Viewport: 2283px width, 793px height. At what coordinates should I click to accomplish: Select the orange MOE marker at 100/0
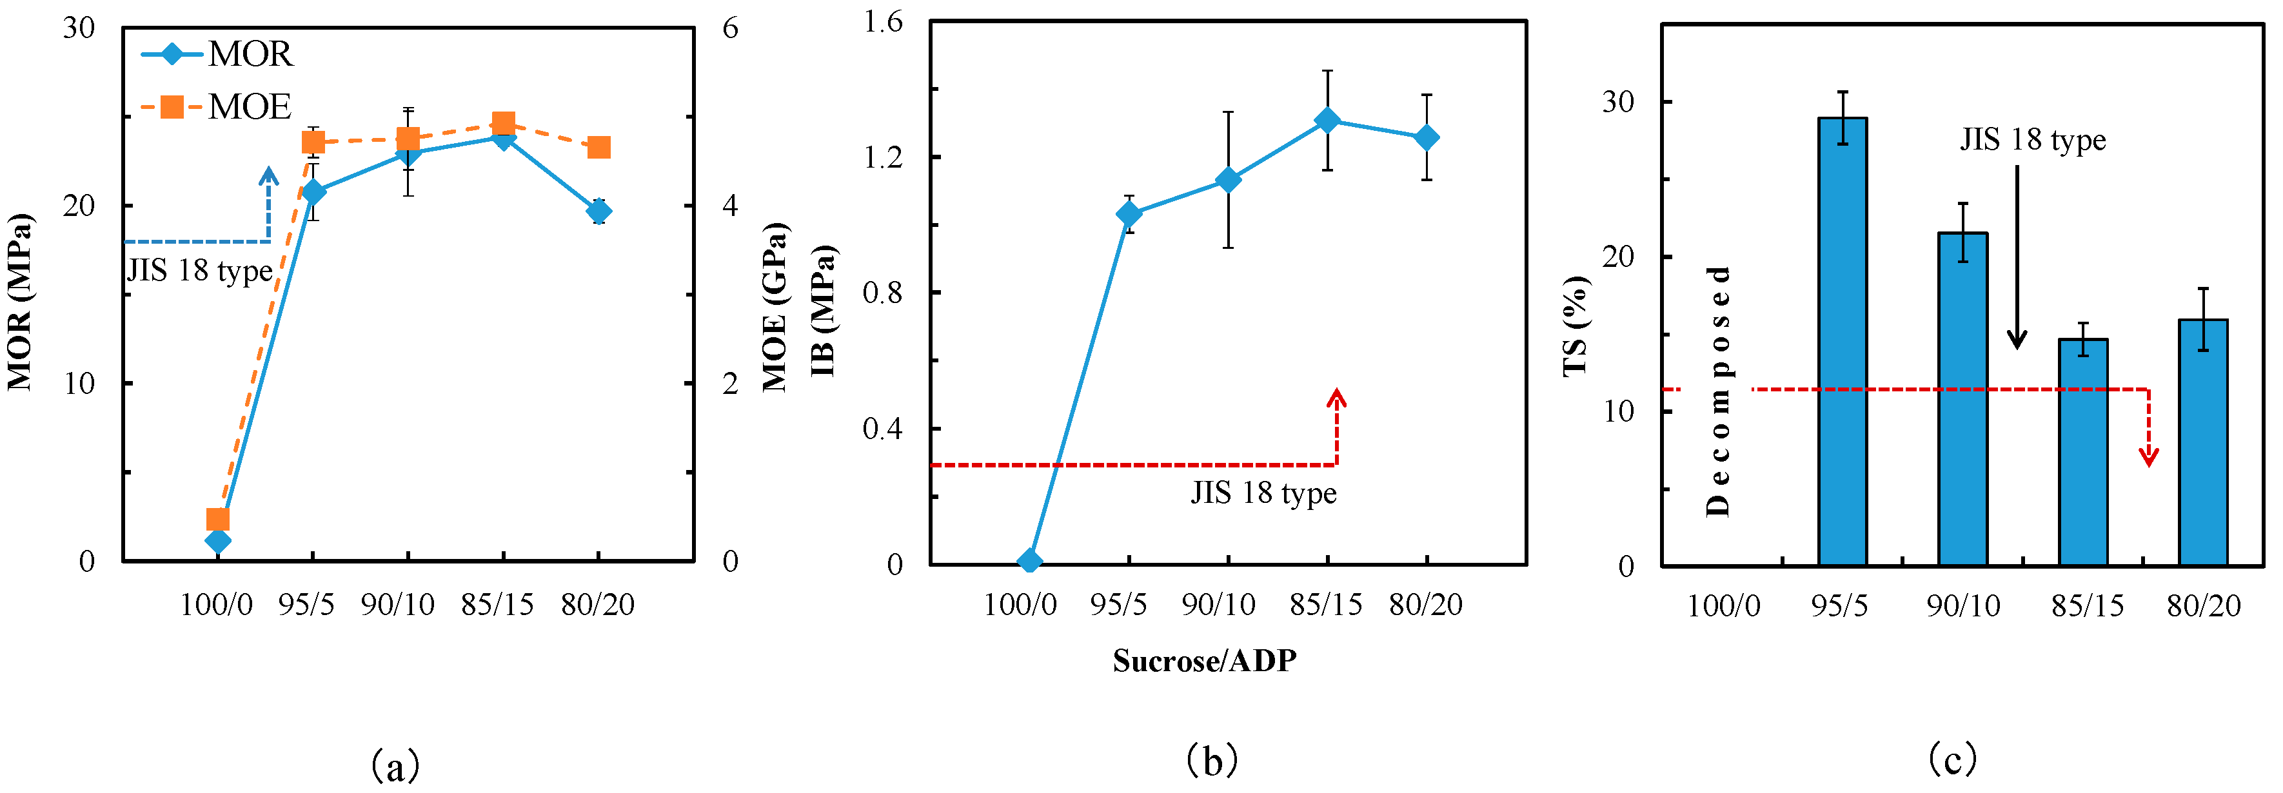[218, 519]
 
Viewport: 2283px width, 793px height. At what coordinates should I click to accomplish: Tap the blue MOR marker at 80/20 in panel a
[599, 211]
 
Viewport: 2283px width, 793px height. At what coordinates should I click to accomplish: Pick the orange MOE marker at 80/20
[599, 147]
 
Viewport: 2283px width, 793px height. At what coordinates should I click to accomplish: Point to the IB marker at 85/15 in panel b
[1327, 120]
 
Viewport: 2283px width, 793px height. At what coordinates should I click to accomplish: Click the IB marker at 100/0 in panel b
[1029, 561]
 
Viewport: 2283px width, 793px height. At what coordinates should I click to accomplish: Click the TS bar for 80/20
[2203, 442]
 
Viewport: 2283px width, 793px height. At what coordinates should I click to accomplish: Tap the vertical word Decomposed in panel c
[1717, 391]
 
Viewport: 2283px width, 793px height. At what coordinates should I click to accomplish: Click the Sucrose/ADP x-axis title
[1205, 661]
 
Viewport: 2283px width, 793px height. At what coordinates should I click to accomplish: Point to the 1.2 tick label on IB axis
[883, 157]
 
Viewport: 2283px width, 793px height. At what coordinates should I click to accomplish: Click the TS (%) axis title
[1576, 327]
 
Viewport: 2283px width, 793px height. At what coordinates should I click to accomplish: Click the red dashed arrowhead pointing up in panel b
[1336, 397]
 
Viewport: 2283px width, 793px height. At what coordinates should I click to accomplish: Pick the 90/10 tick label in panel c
[1963, 606]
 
